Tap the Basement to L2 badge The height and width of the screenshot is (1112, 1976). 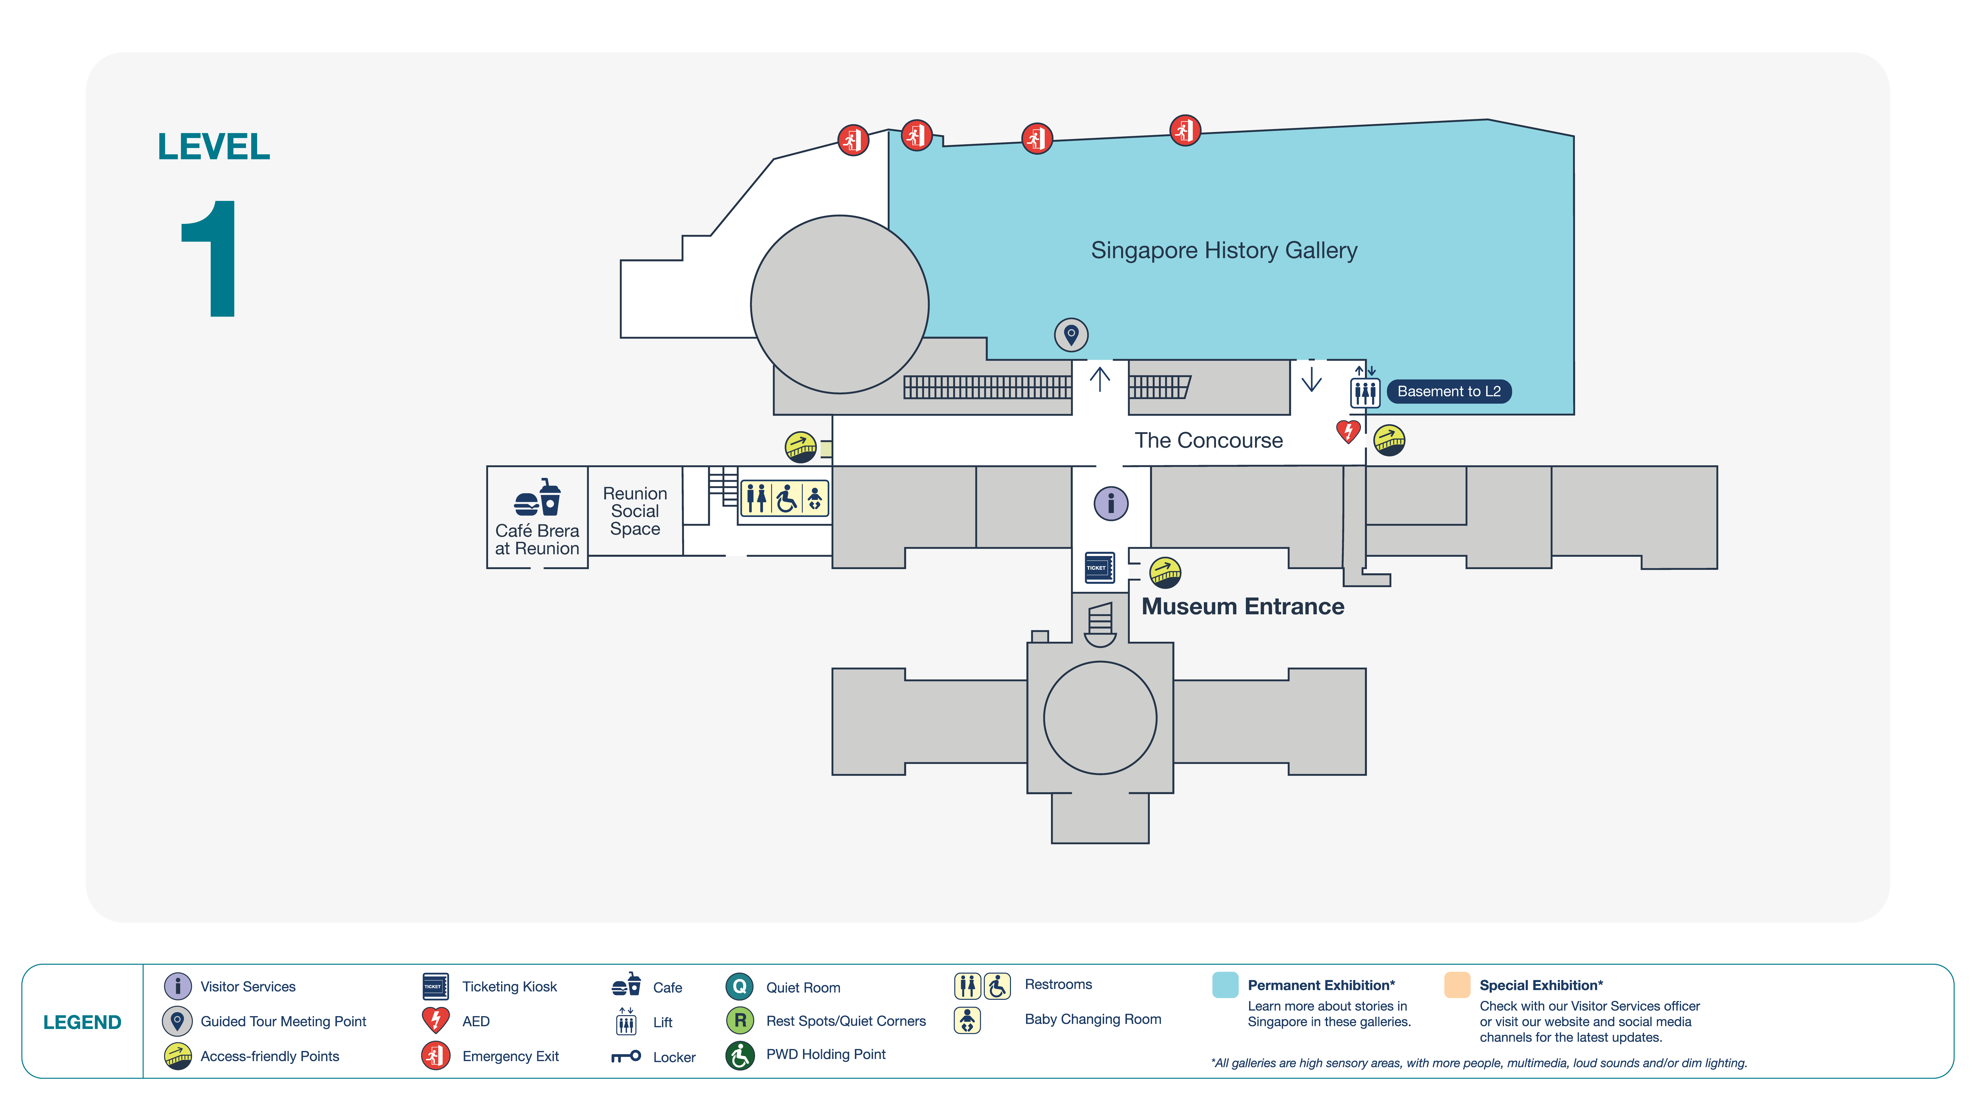(1449, 391)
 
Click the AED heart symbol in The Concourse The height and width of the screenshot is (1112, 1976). (1348, 431)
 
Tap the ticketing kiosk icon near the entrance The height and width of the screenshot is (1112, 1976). (1099, 568)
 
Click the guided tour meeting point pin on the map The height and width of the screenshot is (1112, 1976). (1071, 335)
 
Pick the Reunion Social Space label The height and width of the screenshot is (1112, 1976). (635, 511)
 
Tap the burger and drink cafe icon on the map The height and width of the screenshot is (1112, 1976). (538, 498)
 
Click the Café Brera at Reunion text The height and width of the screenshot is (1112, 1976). (537, 539)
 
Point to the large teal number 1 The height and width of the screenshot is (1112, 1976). (209, 259)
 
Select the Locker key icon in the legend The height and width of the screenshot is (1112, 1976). (626, 1057)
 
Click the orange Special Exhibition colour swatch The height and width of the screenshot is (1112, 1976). (1457, 984)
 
